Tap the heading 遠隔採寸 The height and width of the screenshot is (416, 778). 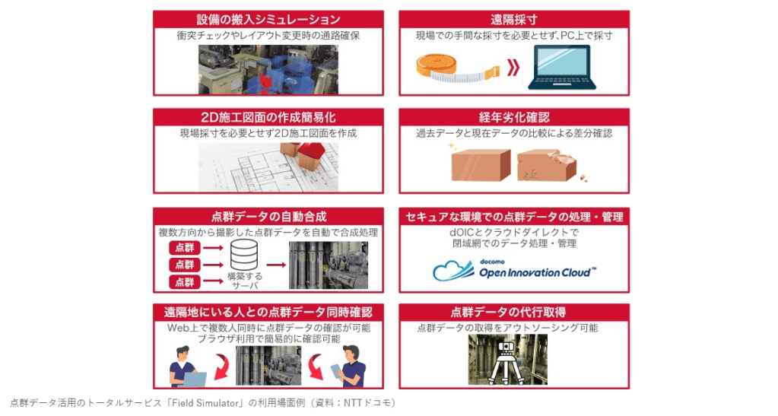coord(514,19)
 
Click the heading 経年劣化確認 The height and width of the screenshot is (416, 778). coord(514,117)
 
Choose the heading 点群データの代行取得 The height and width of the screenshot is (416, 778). coord(514,312)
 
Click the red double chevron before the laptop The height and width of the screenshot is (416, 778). coord(513,68)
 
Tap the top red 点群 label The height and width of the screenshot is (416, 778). coord(185,247)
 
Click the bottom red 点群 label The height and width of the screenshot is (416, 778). coord(185,282)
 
